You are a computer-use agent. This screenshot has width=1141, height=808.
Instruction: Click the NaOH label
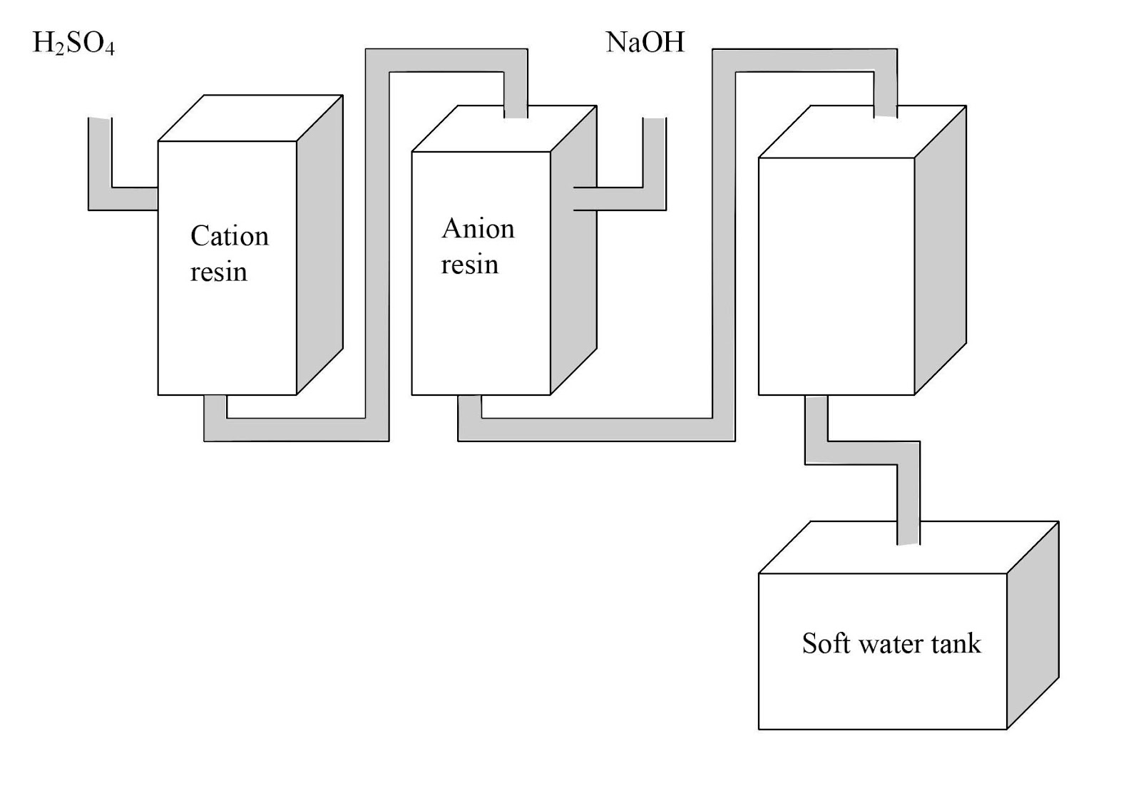645,42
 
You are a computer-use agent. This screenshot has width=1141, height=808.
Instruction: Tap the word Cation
229,236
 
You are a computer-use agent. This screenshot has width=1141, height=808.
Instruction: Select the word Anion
477,229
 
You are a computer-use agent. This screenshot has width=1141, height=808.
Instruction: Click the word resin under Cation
218,272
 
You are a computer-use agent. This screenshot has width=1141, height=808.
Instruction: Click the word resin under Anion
469,265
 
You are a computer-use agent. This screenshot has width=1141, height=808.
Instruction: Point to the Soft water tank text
891,643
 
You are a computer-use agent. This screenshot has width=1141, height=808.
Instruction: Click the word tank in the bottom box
956,643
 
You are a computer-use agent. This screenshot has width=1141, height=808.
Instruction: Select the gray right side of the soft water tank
1032,628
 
